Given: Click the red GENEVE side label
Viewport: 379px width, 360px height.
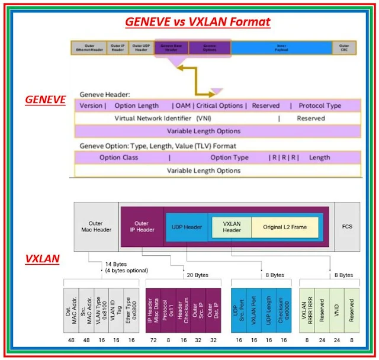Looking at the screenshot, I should tap(45, 100).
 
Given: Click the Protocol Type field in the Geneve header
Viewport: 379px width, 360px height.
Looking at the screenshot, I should tap(320, 105).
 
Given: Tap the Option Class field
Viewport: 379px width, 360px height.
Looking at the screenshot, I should tap(118, 157).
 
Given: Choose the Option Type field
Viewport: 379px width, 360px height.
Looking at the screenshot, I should tap(229, 157).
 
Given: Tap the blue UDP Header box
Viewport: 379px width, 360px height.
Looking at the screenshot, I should tap(187, 227).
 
